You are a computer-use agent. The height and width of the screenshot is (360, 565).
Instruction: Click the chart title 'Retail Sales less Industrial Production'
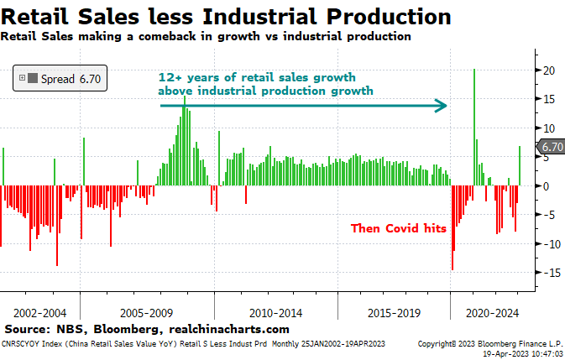tap(226, 16)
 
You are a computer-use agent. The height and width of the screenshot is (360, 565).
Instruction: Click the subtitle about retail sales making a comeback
tap(206, 36)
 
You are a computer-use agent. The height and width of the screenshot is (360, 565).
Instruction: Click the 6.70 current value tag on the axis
tap(552, 147)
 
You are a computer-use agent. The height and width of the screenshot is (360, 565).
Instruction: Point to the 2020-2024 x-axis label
tap(491, 311)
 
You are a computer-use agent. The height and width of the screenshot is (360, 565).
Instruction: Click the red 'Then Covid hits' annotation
tap(398, 228)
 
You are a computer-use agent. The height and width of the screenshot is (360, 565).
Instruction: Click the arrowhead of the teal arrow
tap(441, 106)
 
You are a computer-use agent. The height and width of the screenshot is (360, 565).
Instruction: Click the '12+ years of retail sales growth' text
tap(264, 77)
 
